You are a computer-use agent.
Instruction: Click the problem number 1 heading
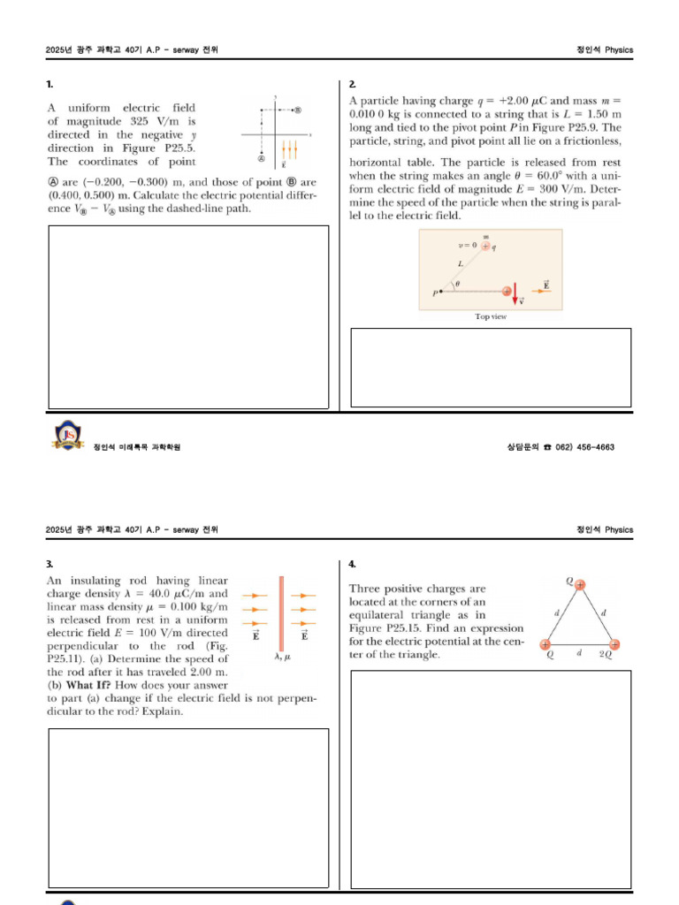[50, 84]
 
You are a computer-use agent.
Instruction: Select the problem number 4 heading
[352, 564]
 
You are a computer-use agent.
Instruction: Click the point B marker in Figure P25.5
[297, 110]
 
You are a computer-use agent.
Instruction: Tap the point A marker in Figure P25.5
[261, 159]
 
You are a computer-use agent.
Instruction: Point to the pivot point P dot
[440, 291]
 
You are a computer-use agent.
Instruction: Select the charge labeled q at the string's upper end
[485, 246]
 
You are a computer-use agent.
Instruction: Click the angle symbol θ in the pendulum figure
[457, 284]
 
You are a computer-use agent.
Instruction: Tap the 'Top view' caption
[491, 316]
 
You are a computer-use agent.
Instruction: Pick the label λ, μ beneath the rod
[282, 657]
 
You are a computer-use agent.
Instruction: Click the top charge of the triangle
[579, 584]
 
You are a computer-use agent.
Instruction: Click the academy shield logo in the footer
[68, 436]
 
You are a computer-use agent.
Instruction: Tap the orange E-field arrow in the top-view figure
[542, 291]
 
